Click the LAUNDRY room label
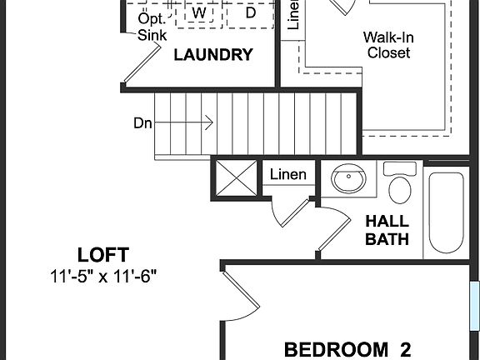click(212, 56)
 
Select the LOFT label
click(103, 254)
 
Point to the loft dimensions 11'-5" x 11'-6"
click(103, 275)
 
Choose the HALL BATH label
click(387, 231)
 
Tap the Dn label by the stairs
click(142, 122)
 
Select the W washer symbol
click(198, 13)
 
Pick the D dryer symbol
click(251, 12)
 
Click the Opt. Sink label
click(152, 27)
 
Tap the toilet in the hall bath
click(400, 184)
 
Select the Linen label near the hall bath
click(287, 175)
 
